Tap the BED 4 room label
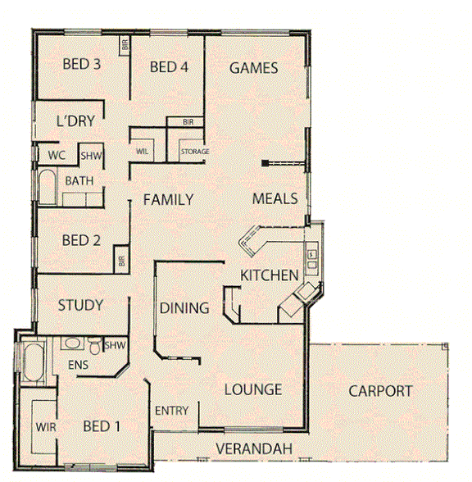170,67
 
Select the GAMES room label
253,68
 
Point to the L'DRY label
76,121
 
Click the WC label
57,155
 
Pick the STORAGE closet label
195,152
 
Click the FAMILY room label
168,199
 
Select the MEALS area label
275,198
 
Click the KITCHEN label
269,275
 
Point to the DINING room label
184,308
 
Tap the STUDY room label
80,305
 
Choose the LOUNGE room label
253,389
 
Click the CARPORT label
379,391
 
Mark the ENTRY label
171,411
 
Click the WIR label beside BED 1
45,427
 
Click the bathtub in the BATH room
46,189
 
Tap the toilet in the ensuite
95,349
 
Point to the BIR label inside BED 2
120,261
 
